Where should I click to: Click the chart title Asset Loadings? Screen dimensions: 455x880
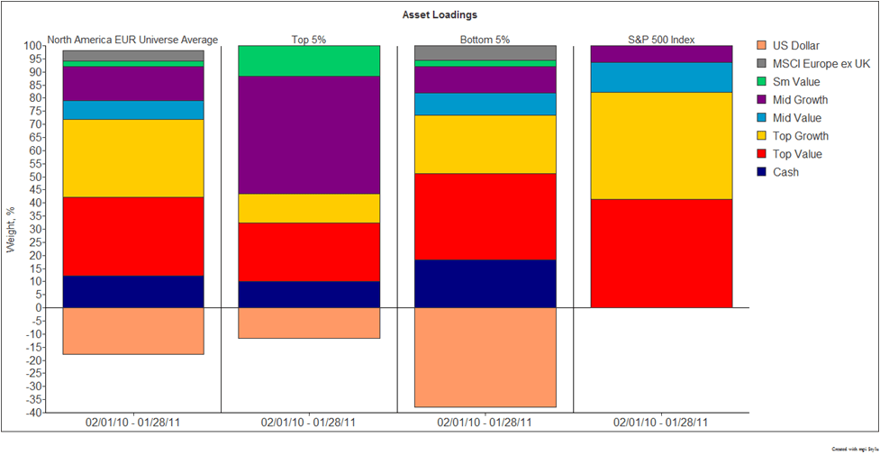pyautogui.click(x=440, y=15)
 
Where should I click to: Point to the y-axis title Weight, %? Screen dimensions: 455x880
pyautogui.click(x=12, y=229)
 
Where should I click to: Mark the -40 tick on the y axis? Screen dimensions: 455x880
pyautogui.click(x=32, y=413)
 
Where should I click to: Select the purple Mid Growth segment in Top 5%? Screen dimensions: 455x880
pyautogui.click(x=309, y=135)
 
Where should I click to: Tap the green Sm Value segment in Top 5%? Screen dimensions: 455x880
pyautogui.click(x=309, y=61)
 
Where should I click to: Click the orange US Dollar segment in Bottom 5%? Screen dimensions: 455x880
pyautogui.click(x=485, y=357)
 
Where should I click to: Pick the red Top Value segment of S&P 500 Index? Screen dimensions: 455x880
pyautogui.click(x=661, y=253)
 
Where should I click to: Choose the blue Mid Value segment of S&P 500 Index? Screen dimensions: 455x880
pyautogui.click(x=661, y=77)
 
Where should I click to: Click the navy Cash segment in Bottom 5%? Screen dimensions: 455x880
pyautogui.click(x=485, y=283)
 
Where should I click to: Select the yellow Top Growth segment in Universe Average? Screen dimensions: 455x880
pyautogui.click(x=132, y=158)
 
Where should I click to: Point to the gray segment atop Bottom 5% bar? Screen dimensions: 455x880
pyautogui.click(x=485, y=52)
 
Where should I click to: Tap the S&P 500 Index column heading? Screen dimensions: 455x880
pyautogui.click(x=661, y=39)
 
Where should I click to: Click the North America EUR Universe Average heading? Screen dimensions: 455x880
pyautogui.click(x=132, y=39)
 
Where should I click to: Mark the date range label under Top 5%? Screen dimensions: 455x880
pyautogui.click(x=309, y=422)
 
